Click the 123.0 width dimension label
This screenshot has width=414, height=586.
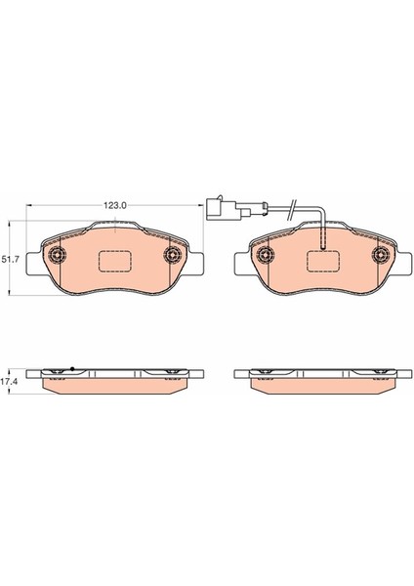(116, 206)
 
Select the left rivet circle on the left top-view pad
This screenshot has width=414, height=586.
(57, 257)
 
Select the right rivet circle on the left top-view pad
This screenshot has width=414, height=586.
(174, 257)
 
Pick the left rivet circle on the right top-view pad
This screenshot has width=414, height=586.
(264, 257)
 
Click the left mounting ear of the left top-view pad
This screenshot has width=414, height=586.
(31, 262)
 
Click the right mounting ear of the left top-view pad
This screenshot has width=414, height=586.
(198, 262)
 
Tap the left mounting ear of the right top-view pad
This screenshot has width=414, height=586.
(240, 262)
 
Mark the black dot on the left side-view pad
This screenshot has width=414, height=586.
(72, 368)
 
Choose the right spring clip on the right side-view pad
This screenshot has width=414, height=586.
(379, 371)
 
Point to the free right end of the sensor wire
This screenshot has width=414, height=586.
(294, 206)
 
